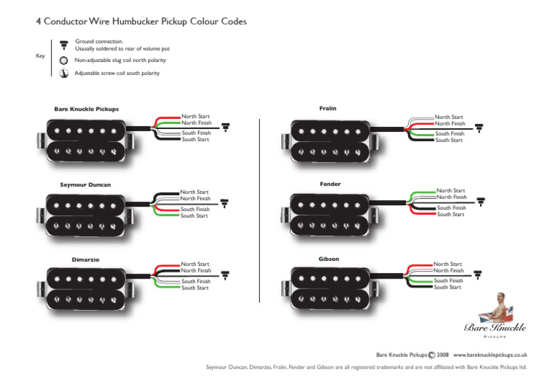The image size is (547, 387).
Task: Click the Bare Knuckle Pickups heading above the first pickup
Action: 86,109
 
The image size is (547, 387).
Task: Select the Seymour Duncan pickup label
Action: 85,185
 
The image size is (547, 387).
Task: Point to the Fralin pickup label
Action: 328,108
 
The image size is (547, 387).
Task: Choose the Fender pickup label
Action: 330,184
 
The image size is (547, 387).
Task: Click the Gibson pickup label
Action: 329,259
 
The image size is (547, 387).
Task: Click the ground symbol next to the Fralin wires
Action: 479,128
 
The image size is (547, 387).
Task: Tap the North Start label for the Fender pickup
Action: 451,191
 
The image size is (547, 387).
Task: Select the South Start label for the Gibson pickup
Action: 447,287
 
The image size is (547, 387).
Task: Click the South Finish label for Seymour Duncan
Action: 194,210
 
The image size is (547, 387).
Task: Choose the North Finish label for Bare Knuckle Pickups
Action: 196,123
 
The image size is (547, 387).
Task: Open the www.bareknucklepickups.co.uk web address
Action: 489,354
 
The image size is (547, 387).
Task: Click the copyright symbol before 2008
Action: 432,354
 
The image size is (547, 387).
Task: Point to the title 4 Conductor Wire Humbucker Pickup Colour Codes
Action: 141,21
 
